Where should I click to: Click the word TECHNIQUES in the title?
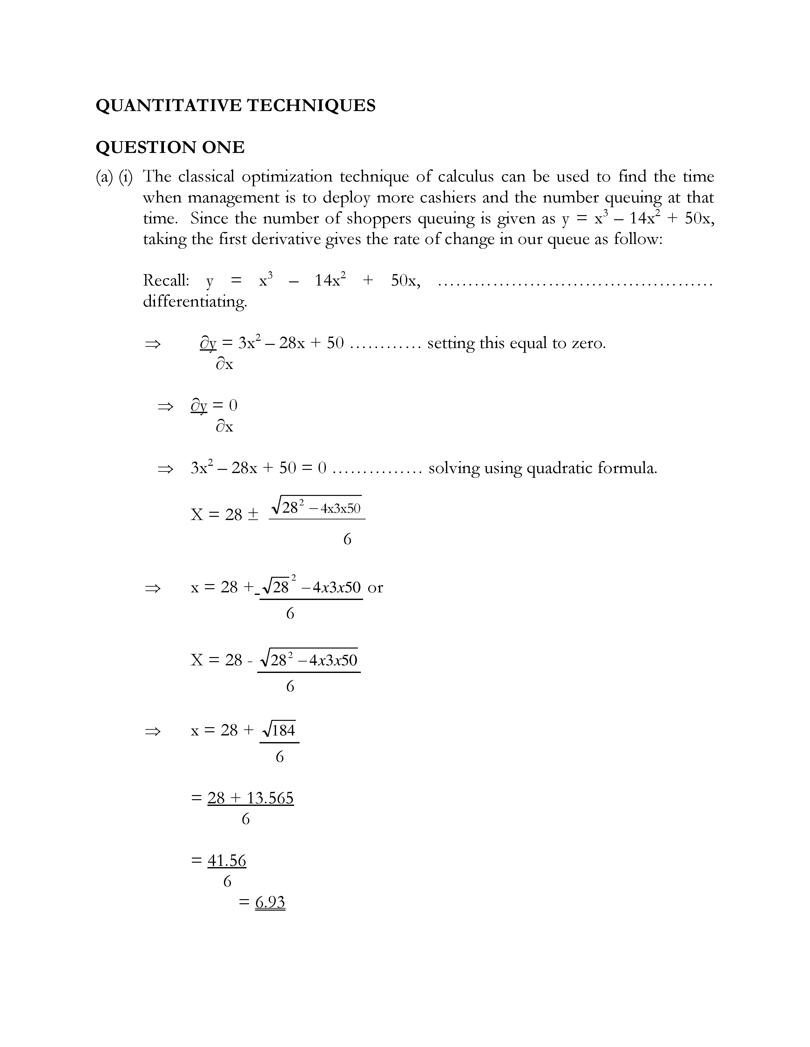click(311, 105)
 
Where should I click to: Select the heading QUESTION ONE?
click(170, 147)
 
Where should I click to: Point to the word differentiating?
click(195, 301)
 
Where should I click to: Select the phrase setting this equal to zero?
click(516, 343)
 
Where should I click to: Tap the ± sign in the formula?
click(253, 514)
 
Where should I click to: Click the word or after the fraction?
click(375, 587)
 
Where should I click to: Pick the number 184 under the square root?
click(283, 731)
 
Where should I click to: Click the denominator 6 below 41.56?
click(227, 881)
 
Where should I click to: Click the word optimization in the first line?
click(287, 177)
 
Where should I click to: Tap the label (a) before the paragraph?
click(104, 177)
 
